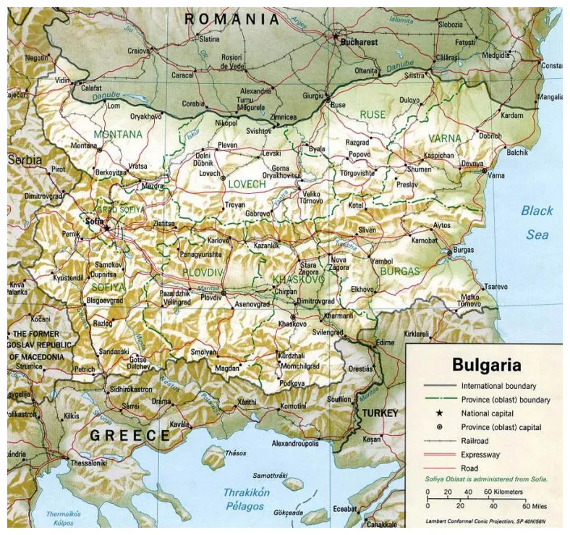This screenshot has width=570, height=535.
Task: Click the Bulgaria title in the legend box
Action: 486,364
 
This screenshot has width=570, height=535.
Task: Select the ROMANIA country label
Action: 231,20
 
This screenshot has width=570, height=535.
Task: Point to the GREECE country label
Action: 129,435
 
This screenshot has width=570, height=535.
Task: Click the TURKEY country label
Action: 380,413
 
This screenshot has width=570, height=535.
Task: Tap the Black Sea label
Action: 537,222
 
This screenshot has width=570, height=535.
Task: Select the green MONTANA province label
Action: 117,134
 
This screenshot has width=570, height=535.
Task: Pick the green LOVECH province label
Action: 247,185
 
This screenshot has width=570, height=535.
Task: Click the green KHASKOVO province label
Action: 298,279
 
